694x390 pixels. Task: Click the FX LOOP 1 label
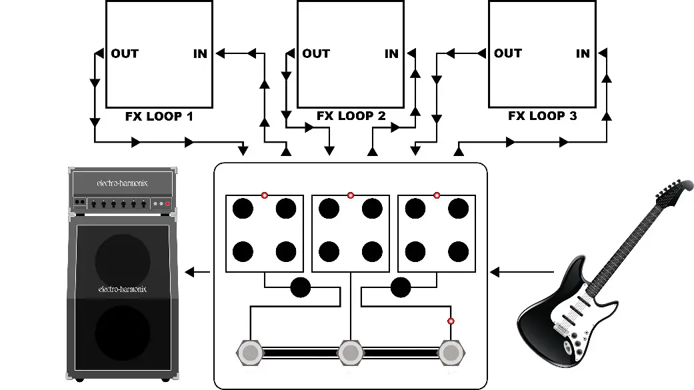pyautogui.click(x=159, y=116)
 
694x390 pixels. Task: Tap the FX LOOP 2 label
pyautogui.click(x=351, y=116)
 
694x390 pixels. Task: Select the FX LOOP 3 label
pyautogui.click(x=542, y=116)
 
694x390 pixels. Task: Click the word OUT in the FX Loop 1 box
pyautogui.click(x=125, y=53)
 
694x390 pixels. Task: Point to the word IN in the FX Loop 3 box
pyautogui.click(x=583, y=53)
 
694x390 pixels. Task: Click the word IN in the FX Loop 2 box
pyautogui.click(x=391, y=53)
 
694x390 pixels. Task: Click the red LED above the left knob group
pyautogui.click(x=265, y=195)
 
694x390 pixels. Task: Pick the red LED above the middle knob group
pyautogui.click(x=351, y=195)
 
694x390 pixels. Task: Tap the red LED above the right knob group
pyautogui.click(x=437, y=195)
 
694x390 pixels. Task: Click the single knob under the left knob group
pyautogui.click(x=301, y=287)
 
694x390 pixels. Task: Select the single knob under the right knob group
pyautogui.click(x=401, y=287)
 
